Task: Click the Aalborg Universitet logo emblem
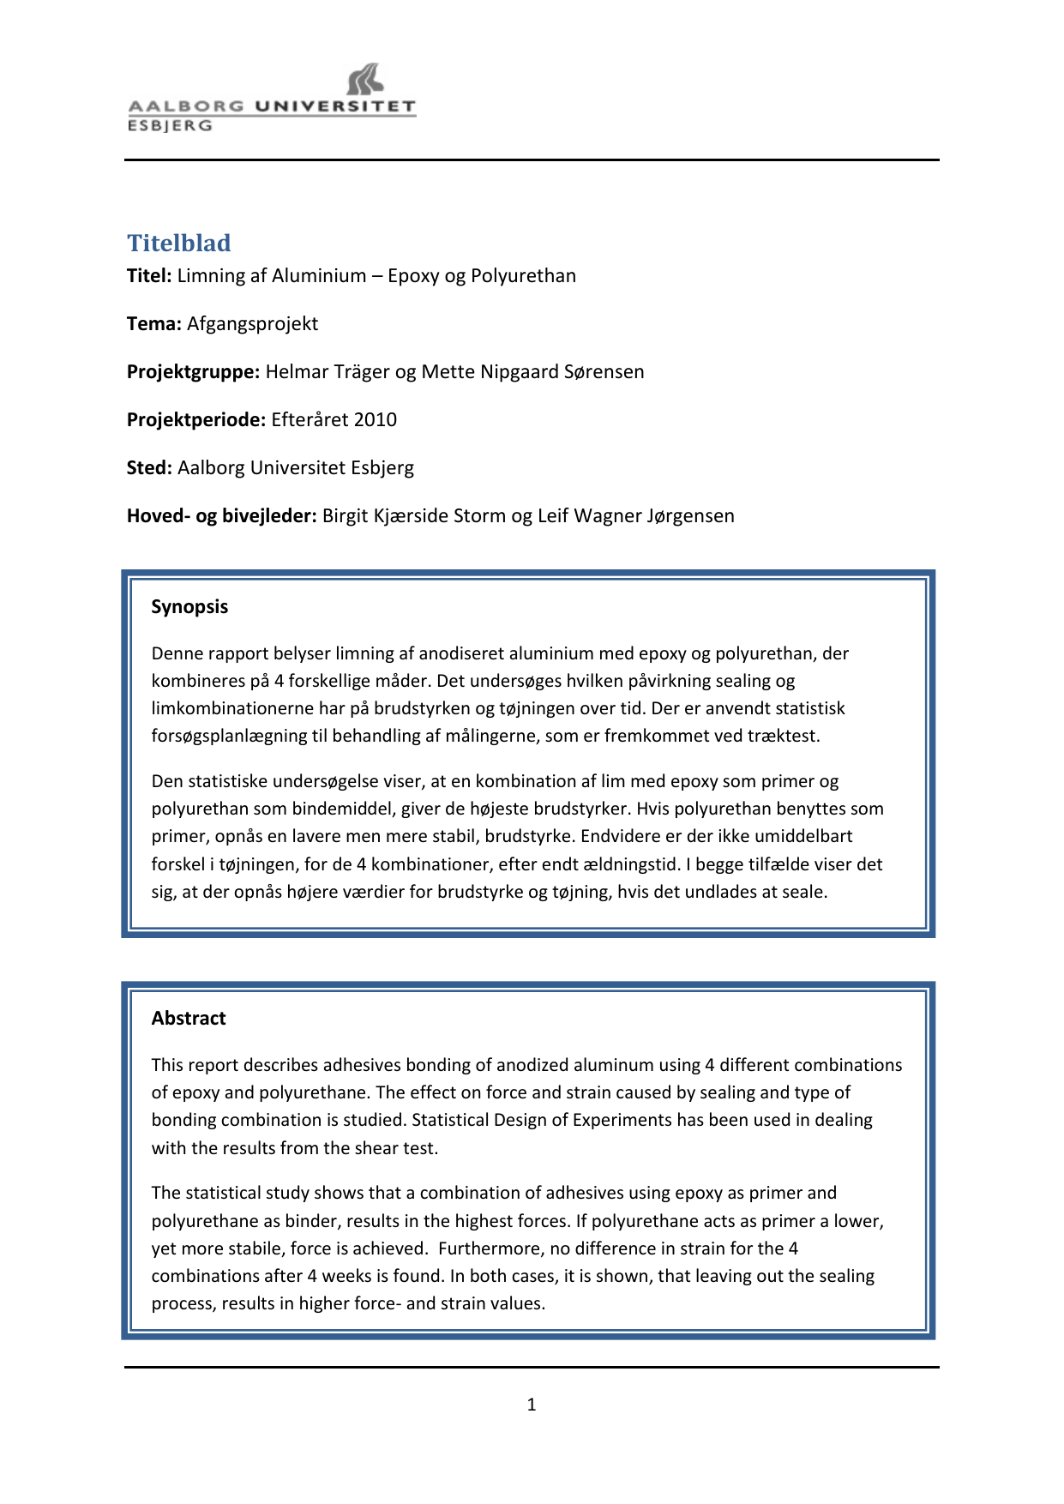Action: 365,79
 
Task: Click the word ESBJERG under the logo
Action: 170,126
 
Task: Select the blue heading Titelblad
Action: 179,244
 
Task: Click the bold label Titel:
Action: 150,276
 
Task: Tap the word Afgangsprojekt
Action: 252,324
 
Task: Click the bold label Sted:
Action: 150,468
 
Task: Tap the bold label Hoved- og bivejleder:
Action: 222,516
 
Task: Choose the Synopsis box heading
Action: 189,607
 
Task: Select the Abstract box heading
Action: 189,1019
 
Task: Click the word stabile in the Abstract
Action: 252,1248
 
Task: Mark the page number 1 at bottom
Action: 532,1405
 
